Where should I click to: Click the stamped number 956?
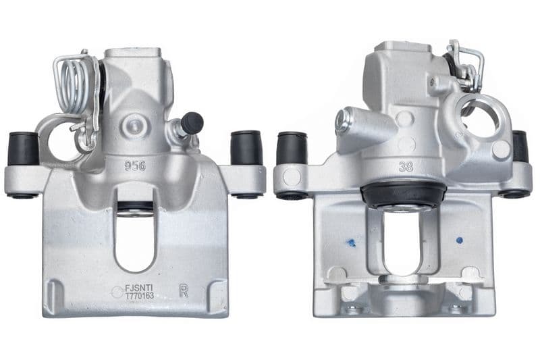click(x=135, y=165)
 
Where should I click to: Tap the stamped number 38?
click(x=406, y=166)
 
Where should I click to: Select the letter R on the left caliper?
click(x=184, y=290)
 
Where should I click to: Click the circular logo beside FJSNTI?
click(x=117, y=292)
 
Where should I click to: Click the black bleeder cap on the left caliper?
click(x=192, y=123)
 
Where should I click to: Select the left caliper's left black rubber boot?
click(x=23, y=149)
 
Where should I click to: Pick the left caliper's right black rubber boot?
click(x=246, y=148)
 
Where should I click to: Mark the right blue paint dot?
click(x=460, y=239)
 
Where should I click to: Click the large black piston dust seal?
click(x=403, y=195)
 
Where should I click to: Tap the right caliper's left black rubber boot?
click(x=292, y=148)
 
